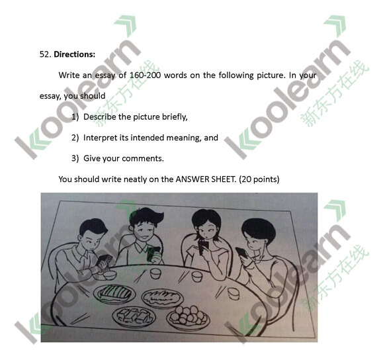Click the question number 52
(x=45, y=54)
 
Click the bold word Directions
(x=75, y=54)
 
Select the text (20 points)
(x=259, y=179)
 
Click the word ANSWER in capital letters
(x=192, y=179)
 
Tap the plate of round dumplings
(x=188, y=317)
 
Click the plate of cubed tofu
(x=134, y=316)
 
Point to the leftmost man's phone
(x=105, y=260)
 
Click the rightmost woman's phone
(x=241, y=252)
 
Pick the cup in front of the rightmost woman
(x=234, y=293)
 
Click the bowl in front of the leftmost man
(x=110, y=275)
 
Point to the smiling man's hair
(x=146, y=216)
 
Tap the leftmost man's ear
(x=80, y=238)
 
